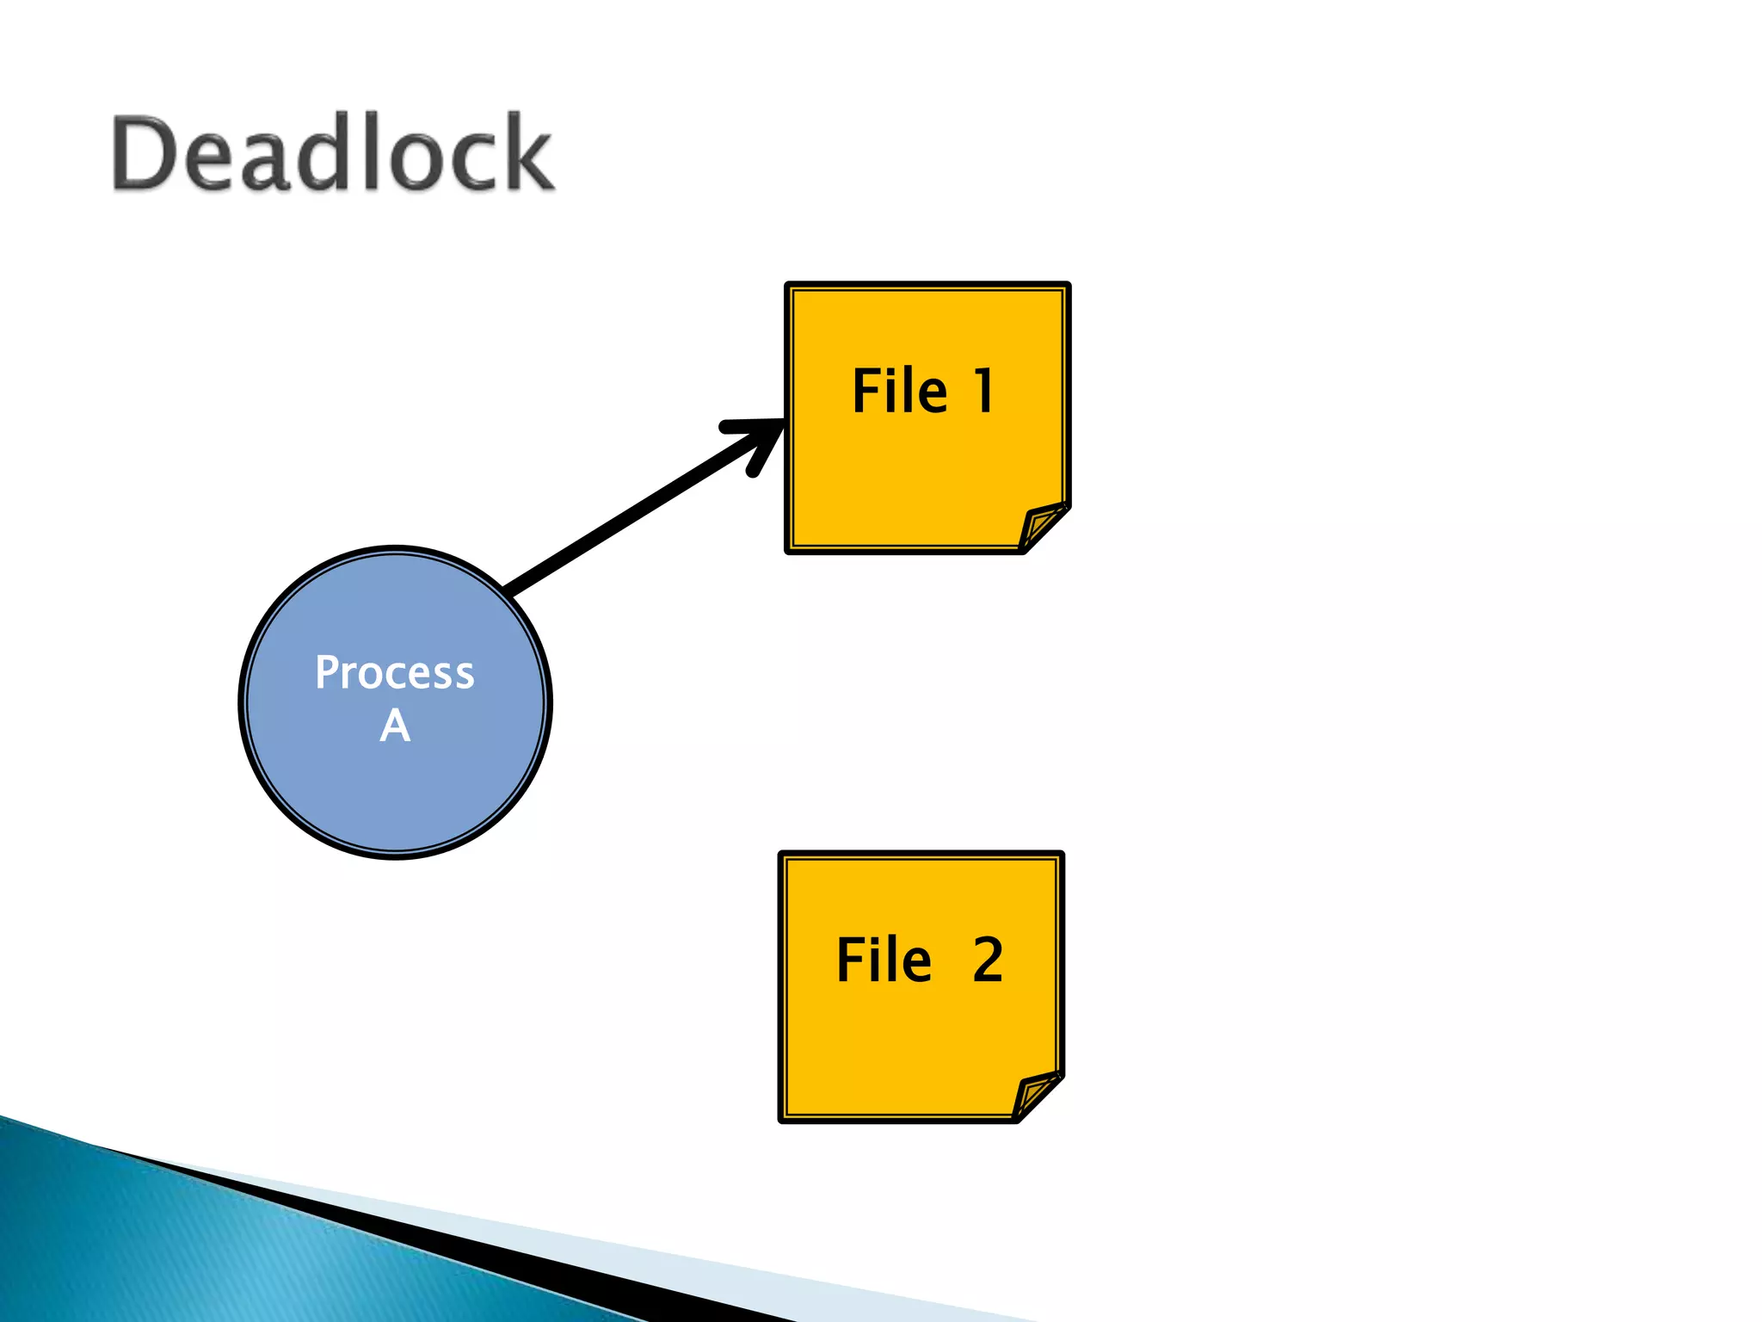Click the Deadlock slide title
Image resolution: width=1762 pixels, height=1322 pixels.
[333, 153]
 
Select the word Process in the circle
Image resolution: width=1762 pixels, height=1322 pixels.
[394, 672]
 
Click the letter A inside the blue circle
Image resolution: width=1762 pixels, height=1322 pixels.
[395, 726]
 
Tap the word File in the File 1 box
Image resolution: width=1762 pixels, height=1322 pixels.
[899, 392]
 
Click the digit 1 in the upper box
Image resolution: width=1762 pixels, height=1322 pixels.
[983, 392]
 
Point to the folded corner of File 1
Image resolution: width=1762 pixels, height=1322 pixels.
[1042, 526]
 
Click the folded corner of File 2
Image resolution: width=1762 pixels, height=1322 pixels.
[1035, 1095]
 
